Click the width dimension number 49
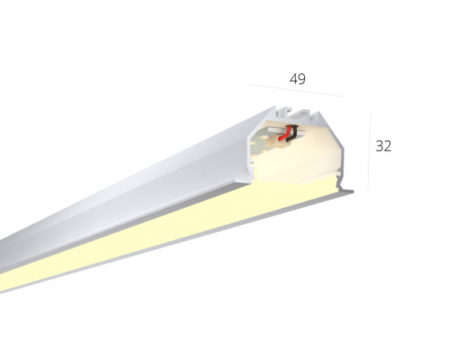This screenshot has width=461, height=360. pyautogui.click(x=298, y=79)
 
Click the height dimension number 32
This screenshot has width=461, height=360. pyautogui.click(x=383, y=146)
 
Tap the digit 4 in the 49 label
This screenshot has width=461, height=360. pyautogui.click(x=294, y=79)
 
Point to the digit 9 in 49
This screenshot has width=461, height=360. pyautogui.click(x=302, y=79)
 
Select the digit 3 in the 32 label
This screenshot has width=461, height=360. pyautogui.click(x=379, y=146)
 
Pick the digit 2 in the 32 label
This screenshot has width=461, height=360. pyautogui.click(x=387, y=146)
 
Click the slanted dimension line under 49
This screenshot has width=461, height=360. pyautogui.click(x=296, y=91)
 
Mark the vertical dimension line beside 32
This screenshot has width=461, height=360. pyautogui.click(x=370, y=150)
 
